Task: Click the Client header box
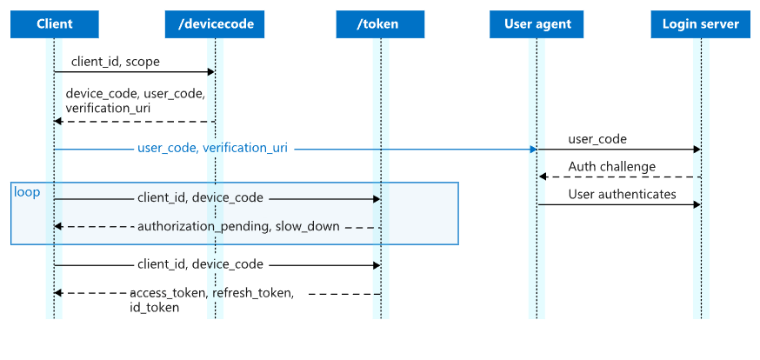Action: [54, 24]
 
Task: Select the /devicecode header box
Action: [216, 24]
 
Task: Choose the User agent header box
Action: [537, 24]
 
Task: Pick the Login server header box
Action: [700, 24]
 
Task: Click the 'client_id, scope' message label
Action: [115, 63]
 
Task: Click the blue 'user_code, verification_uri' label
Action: [212, 148]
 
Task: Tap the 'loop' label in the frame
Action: [27, 191]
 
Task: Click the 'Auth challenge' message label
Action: [612, 166]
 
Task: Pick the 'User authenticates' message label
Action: [622, 194]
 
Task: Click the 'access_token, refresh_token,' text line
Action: [211, 293]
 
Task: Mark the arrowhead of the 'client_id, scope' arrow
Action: [210, 72]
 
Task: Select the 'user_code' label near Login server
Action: [597, 139]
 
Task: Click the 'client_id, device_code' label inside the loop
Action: [200, 198]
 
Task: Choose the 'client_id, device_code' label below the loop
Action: [200, 264]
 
